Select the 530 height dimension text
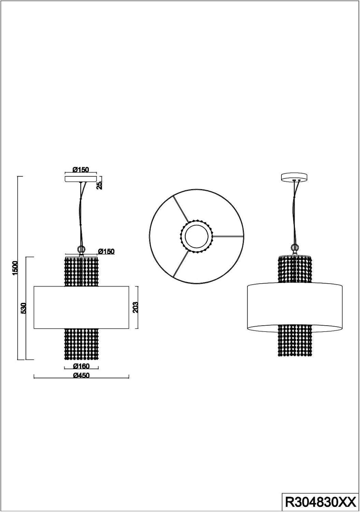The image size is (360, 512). point(24,308)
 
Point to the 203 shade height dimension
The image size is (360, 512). point(135,308)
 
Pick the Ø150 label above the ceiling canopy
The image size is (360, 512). point(81,170)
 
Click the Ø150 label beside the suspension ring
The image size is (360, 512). point(106,252)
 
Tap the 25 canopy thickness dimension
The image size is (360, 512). point(99,185)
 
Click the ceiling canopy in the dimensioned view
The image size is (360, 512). point(81,179)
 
